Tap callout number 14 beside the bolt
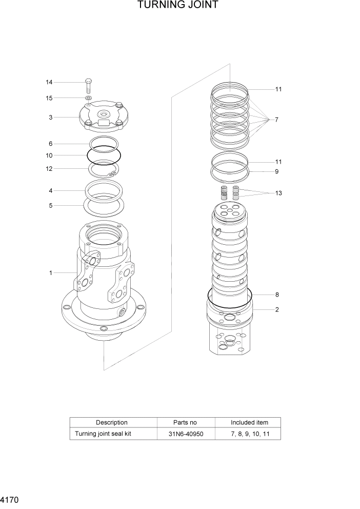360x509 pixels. point(49,82)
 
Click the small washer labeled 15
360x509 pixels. point(89,97)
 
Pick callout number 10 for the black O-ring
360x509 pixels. point(49,155)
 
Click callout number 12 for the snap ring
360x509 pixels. point(49,168)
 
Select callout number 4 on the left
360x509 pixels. point(51,191)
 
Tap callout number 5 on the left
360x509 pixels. point(51,206)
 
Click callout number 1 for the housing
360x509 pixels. point(51,273)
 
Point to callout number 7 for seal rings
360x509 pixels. point(276,120)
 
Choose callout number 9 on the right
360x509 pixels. point(276,171)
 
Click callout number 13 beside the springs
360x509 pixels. point(278,193)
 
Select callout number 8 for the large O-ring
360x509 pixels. point(277,295)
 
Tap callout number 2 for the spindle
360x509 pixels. point(277,309)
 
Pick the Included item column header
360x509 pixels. point(249,423)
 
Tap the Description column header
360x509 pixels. point(112,423)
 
